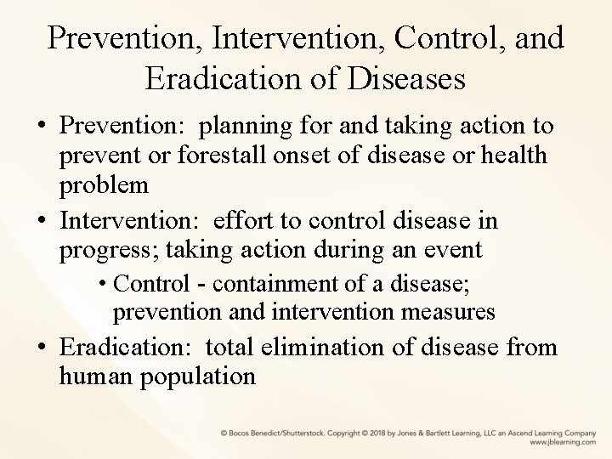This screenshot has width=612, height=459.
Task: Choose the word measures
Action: pos(445,312)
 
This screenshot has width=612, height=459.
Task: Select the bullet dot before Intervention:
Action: pos(41,221)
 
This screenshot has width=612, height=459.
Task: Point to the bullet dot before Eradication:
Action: pos(41,348)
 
